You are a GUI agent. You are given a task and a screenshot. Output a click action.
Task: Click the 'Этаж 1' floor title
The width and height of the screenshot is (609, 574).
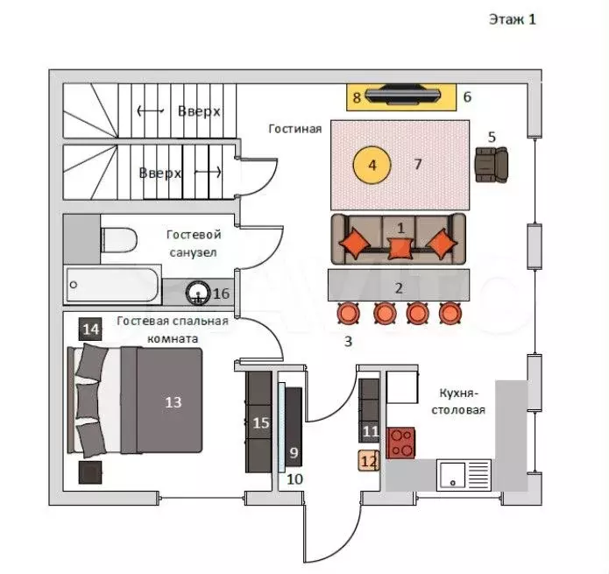coord(511,19)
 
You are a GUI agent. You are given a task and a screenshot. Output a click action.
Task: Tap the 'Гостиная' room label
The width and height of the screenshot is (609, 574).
coord(295,129)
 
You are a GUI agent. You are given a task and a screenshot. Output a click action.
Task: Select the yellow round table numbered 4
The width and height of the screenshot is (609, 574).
coord(372,165)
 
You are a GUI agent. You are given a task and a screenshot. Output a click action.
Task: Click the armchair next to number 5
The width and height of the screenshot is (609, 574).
coord(491,164)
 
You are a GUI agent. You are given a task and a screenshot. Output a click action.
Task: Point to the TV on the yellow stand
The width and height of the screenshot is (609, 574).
coord(401,95)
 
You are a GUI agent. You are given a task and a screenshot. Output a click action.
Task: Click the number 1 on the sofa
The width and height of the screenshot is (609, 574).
coord(400,227)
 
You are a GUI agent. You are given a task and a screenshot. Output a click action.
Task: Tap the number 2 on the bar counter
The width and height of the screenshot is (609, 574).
coord(399,287)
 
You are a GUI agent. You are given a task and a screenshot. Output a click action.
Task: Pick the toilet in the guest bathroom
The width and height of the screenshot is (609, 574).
coord(117,237)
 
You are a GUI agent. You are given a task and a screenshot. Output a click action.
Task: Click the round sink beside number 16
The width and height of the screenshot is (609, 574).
coord(199,292)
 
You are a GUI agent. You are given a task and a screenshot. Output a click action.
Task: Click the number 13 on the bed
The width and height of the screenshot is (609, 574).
coord(173,402)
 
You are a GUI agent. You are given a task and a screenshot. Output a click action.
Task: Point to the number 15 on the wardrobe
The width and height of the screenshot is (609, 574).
coord(260,422)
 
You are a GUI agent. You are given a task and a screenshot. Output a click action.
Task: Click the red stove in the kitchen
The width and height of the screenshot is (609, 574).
coord(402,442)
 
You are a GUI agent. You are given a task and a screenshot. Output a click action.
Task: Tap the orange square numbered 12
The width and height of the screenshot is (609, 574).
coord(369,460)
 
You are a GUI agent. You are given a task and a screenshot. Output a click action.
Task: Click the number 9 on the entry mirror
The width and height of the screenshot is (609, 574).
coord(294,453)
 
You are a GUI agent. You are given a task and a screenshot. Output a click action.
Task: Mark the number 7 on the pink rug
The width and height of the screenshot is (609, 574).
coord(418,164)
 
